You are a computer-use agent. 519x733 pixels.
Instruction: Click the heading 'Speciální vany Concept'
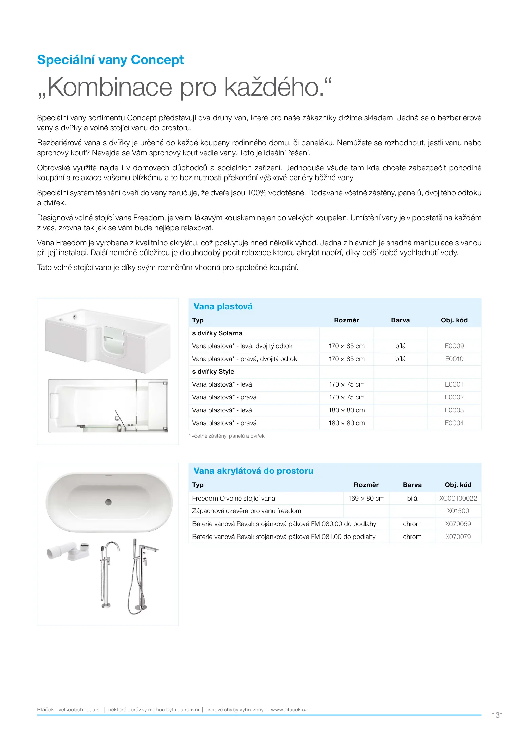point(110,60)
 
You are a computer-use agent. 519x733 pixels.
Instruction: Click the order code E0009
point(454,346)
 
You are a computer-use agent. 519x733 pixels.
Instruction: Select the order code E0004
point(454,423)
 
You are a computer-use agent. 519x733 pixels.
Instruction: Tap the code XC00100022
point(458,499)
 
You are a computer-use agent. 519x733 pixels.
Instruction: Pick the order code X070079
point(458,537)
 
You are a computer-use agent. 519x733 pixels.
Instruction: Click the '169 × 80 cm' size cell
point(366,499)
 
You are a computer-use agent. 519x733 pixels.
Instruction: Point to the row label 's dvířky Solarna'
point(217,333)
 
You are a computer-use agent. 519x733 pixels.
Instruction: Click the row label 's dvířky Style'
point(213,372)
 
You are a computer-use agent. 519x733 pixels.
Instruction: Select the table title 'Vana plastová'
point(223,307)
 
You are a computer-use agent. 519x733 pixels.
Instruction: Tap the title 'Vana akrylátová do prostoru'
point(253,471)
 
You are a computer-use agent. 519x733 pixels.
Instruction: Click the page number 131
point(497,715)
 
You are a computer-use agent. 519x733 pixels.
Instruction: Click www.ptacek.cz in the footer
point(289,710)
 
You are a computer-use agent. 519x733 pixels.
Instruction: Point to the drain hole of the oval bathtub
point(108,502)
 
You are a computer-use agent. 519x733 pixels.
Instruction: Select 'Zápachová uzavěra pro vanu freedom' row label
point(246,511)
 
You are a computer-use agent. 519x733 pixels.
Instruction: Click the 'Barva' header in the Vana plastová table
point(400,320)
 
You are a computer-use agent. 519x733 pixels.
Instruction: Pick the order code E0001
point(454,384)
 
